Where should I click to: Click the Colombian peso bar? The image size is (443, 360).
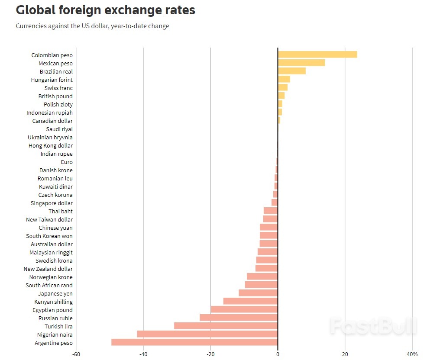tap(317, 55)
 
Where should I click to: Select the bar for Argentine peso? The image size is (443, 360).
tap(194, 342)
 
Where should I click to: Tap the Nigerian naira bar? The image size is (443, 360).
tap(207, 334)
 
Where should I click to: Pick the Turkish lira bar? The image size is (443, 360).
tap(226, 326)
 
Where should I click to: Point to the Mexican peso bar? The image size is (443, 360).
tap(301, 63)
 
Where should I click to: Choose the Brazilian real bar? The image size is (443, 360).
tap(292, 71)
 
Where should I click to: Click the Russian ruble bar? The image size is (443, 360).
tap(239, 318)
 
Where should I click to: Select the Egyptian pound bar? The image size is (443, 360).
tap(244, 309)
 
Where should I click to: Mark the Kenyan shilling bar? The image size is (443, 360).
tap(250, 301)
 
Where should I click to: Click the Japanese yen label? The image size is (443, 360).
tap(55, 294)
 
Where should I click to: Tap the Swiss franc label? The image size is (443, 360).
tap(58, 88)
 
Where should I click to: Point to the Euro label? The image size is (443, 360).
tap(67, 162)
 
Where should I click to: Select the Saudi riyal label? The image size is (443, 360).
tap(59, 129)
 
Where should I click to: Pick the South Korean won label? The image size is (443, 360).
tap(49, 236)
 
